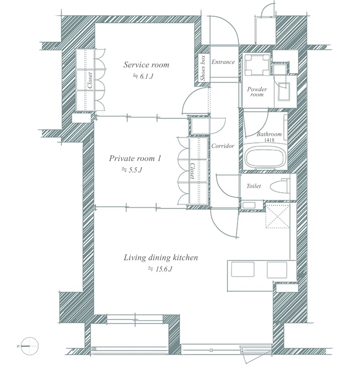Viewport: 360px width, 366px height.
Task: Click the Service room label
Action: [146, 65]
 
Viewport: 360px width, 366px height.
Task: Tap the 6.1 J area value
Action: [143, 76]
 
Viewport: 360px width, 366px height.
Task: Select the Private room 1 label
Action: [135, 158]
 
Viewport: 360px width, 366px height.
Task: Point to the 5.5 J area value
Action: [132, 170]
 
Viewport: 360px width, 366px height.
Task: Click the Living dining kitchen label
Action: [161, 258]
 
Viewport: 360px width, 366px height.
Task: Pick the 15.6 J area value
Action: [160, 269]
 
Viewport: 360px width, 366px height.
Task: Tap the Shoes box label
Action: [203, 68]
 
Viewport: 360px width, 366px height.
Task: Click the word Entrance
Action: [223, 62]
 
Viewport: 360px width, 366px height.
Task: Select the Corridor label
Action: [223, 146]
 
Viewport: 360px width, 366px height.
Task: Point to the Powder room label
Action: [257, 92]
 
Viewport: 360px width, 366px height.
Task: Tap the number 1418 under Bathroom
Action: [269, 140]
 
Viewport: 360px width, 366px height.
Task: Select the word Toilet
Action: [253, 186]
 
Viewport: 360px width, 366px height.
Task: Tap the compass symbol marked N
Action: [30, 346]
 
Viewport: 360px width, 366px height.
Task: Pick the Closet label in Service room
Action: [90, 80]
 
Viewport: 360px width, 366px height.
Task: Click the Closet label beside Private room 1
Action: [192, 171]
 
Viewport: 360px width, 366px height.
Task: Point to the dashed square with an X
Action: [277, 216]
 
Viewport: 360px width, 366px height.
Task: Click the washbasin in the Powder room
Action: [284, 91]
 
